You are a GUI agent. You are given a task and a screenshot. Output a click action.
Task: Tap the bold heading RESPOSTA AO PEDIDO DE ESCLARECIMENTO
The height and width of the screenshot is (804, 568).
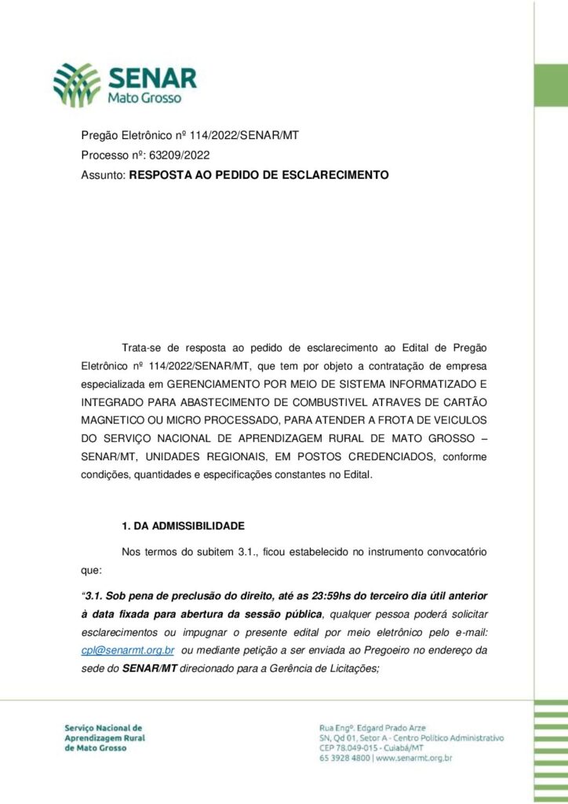tap(258, 175)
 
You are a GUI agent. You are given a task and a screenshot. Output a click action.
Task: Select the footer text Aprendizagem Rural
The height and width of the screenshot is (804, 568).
tap(106, 738)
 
